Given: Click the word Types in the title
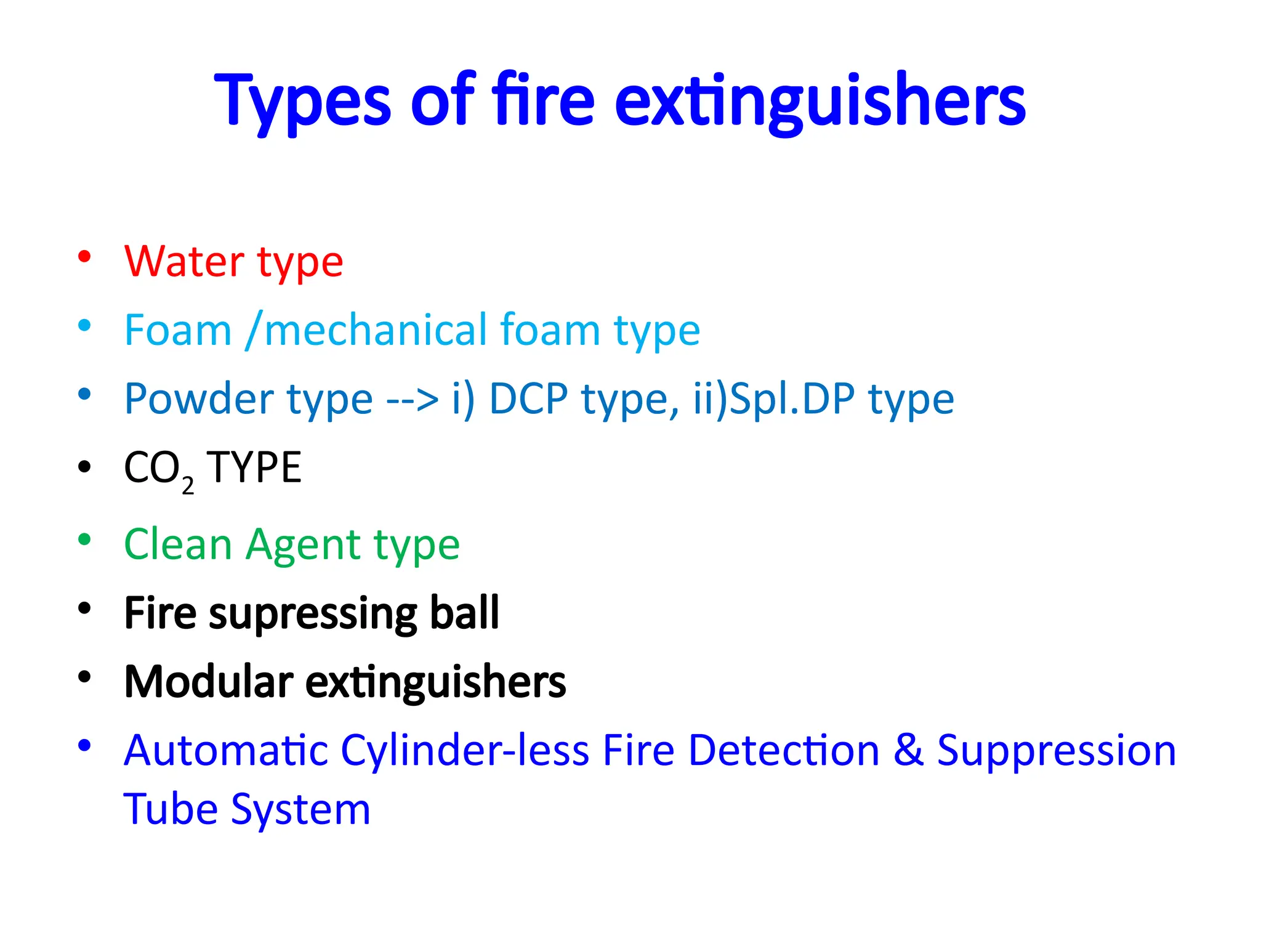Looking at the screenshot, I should [302, 102].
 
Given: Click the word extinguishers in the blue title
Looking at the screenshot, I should [819, 102].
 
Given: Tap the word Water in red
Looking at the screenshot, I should [184, 262].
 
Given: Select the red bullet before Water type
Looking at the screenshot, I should [84, 256].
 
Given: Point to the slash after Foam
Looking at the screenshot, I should [252, 331].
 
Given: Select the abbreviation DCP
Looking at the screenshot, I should [528, 399].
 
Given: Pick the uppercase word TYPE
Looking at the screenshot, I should [254, 468].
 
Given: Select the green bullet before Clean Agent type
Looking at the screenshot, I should [84, 540].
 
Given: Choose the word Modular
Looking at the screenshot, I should [209, 682].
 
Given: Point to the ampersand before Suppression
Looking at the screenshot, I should [908, 751].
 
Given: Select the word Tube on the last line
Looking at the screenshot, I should [171, 809].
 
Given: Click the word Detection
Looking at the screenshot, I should [783, 751].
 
